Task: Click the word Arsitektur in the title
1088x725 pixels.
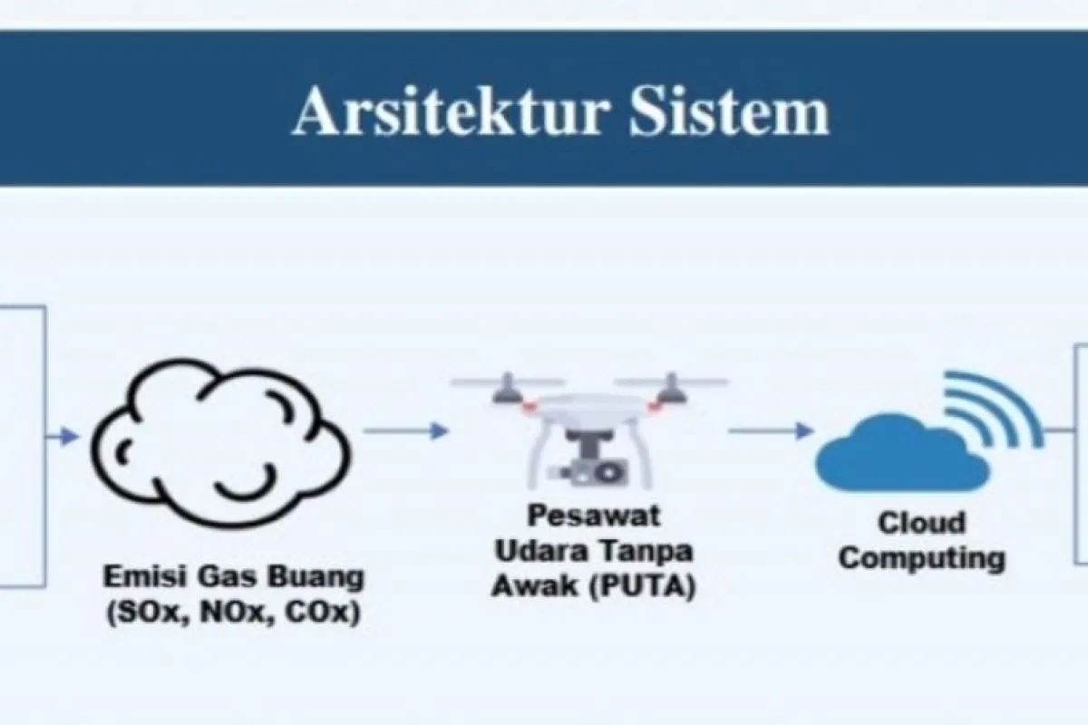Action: click(x=451, y=111)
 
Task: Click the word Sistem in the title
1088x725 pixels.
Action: click(x=729, y=111)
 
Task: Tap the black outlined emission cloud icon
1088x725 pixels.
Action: click(x=219, y=443)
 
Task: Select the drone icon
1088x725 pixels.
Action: click(x=589, y=430)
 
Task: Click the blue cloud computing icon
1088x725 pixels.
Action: click(x=902, y=452)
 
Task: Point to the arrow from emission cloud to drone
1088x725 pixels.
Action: click(x=406, y=430)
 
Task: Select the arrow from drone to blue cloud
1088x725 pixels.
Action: click(x=772, y=430)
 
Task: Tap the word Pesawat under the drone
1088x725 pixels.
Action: click(x=594, y=516)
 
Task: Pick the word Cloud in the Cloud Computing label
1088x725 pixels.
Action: click(x=921, y=524)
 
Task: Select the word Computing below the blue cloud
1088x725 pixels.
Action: click(x=921, y=559)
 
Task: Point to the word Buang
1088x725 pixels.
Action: click(x=316, y=578)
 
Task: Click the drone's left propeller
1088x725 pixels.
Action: click(x=508, y=383)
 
